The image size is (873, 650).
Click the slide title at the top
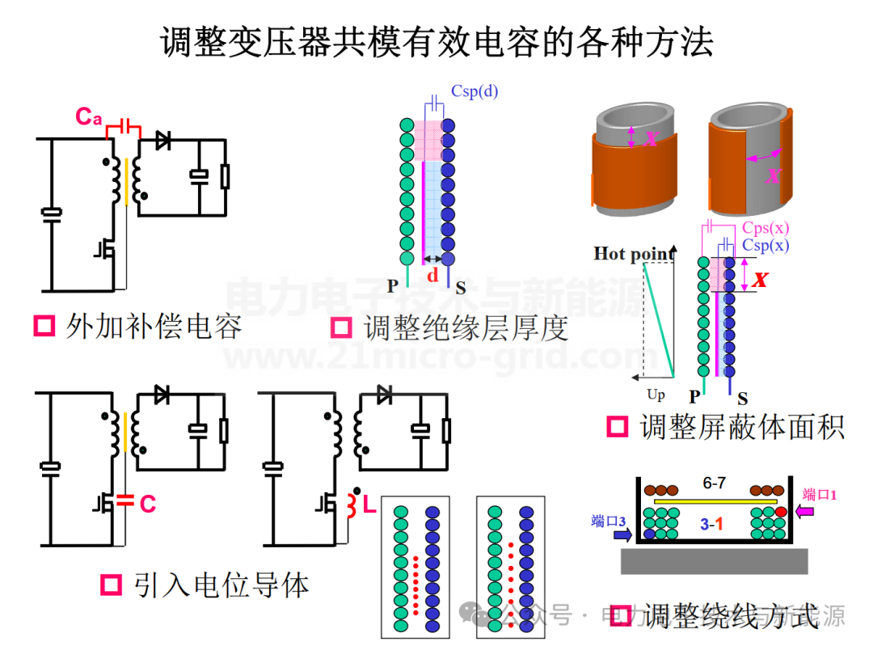pos(436,42)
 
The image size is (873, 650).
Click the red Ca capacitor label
pos(89,116)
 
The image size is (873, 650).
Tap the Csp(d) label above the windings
pos(474,91)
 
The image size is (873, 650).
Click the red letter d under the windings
pos(433,276)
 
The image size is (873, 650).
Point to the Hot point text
pos(634,254)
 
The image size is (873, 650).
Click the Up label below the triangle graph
pos(656,395)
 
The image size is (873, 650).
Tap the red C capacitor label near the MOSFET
pos(147,504)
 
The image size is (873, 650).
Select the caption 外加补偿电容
pos(154,327)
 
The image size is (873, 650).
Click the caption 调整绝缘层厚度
pos(466,327)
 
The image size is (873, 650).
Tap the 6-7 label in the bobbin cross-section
pos(714,483)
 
